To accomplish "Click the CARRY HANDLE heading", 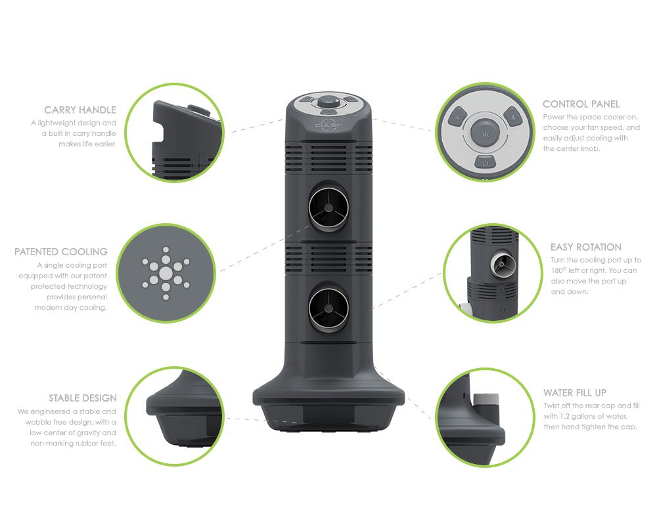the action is tap(80, 110).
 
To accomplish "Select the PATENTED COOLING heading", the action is tap(60, 251).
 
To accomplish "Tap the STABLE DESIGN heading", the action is tap(83, 398).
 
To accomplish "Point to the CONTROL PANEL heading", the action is tap(581, 104).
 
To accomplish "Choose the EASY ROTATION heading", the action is tap(586, 247).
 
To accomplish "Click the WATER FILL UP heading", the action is tap(575, 392).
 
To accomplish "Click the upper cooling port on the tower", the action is tap(329, 207).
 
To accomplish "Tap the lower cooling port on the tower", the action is tap(329, 308).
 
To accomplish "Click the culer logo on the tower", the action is tap(328, 125).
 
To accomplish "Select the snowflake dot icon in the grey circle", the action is tap(166, 274).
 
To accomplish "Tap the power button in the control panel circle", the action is tap(485, 161).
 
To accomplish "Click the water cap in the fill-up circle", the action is tap(486, 405).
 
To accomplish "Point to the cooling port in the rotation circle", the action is tap(503, 264).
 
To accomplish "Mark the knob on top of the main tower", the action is tap(329, 102).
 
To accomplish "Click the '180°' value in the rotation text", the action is tap(558, 270).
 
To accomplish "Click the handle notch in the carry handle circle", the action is tap(159, 135).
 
